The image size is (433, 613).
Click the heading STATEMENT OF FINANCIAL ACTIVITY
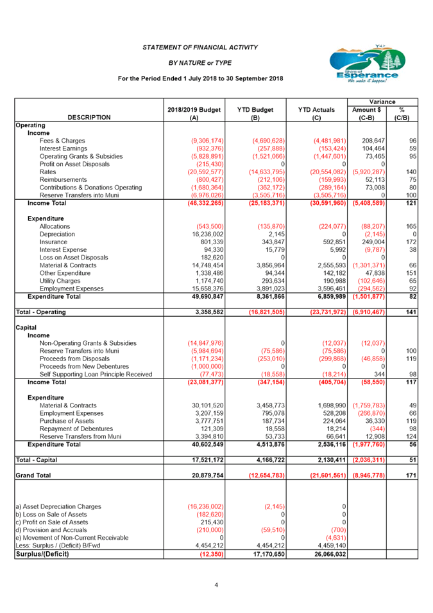click(200, 48)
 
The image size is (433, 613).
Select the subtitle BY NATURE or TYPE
click(200, 62)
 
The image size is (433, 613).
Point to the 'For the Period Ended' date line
click(201, 78)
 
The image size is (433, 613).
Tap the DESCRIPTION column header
click(89, 117)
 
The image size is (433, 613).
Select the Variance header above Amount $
click(382, 102)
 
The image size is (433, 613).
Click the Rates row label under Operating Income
click(46, 172)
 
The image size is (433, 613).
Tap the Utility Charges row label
click(60, 281)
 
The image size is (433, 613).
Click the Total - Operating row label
click(41, 312)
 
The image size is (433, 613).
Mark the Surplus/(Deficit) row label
click(42, 554)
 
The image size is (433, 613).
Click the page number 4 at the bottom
click(216, 585)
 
